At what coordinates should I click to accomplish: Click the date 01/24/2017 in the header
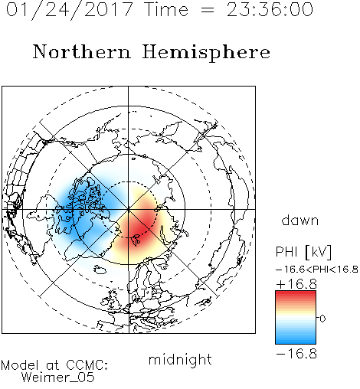[69, 10]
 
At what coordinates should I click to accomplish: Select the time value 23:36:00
[270, 9]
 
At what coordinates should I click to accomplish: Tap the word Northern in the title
[82, 51]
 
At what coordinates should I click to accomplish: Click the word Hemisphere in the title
[206, 53]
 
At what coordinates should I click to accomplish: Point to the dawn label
[300, 220]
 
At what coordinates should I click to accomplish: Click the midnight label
[180, 360]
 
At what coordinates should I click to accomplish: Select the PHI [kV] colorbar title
[303, 252]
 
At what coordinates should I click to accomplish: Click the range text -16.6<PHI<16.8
[317, 270]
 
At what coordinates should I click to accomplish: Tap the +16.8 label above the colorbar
[296, 284]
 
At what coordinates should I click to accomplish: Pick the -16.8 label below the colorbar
[296, 354]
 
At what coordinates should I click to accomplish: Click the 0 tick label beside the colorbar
[322, 319]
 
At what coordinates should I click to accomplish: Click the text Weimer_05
[58, 378]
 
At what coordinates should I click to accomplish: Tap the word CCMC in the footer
[87, 365]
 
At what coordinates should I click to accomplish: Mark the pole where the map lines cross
[129, 209]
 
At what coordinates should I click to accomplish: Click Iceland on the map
[100, 270]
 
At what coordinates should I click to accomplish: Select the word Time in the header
[166, 9]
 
